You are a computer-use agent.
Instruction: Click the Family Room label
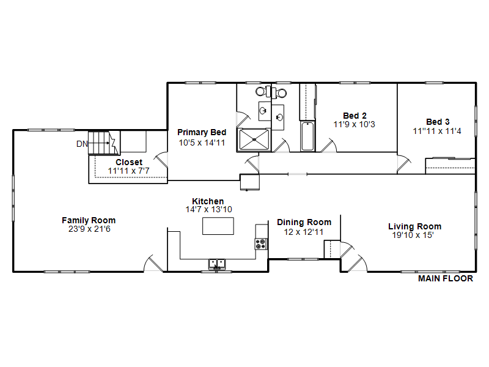(x=89, y=220)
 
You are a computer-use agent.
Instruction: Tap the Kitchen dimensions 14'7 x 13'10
(x=208, y=209)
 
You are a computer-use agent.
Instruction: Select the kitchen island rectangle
(x=218, y=226)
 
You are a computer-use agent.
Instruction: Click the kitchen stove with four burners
(x=261, y=243)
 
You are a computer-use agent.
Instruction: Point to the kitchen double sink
(x=217, y=264)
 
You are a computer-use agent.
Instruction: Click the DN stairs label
(x=82, y=144)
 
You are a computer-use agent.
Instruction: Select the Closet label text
(x=129, y=162)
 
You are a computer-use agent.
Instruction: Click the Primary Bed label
(x=202, y=132)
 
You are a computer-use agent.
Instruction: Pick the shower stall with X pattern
(x=254, y=139)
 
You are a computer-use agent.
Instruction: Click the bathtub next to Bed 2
(x=307, y=136)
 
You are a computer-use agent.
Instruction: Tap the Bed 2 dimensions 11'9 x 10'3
(x=355, y=125)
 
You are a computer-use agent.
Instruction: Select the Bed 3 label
(x=438, y=122)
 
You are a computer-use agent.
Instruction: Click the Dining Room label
(x=304, y=222)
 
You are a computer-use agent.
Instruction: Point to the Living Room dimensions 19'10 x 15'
(x=413, y=235)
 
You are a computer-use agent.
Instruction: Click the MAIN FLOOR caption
(x=446, y=278)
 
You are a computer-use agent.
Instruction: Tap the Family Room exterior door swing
(x=153, y=264)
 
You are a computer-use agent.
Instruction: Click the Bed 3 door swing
(x=404, y=164)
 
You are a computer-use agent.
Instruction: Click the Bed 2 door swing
(x=329, y=146)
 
